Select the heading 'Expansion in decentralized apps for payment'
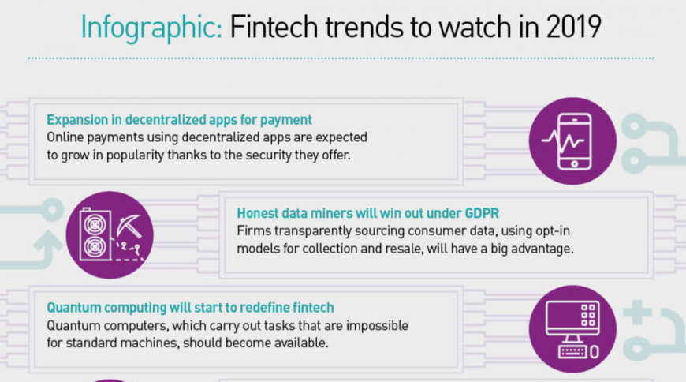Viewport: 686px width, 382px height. coord(180,120)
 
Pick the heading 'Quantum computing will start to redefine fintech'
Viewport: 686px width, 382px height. coord(190,307)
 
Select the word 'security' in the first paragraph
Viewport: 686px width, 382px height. coord(258,155)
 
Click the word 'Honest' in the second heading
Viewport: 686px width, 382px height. coord(259,213)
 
